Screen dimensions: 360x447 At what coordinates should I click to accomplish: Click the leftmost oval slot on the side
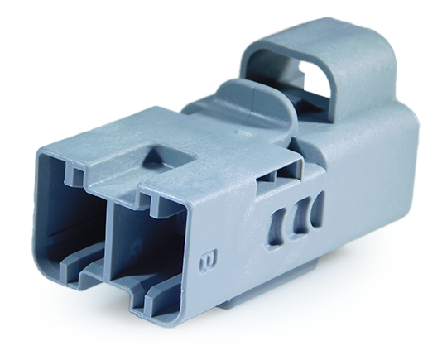[x=278, y=223]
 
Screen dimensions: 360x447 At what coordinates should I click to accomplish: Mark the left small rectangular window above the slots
[x=267, y=175]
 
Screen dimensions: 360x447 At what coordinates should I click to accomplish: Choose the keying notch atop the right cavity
[x=147, y=199]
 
